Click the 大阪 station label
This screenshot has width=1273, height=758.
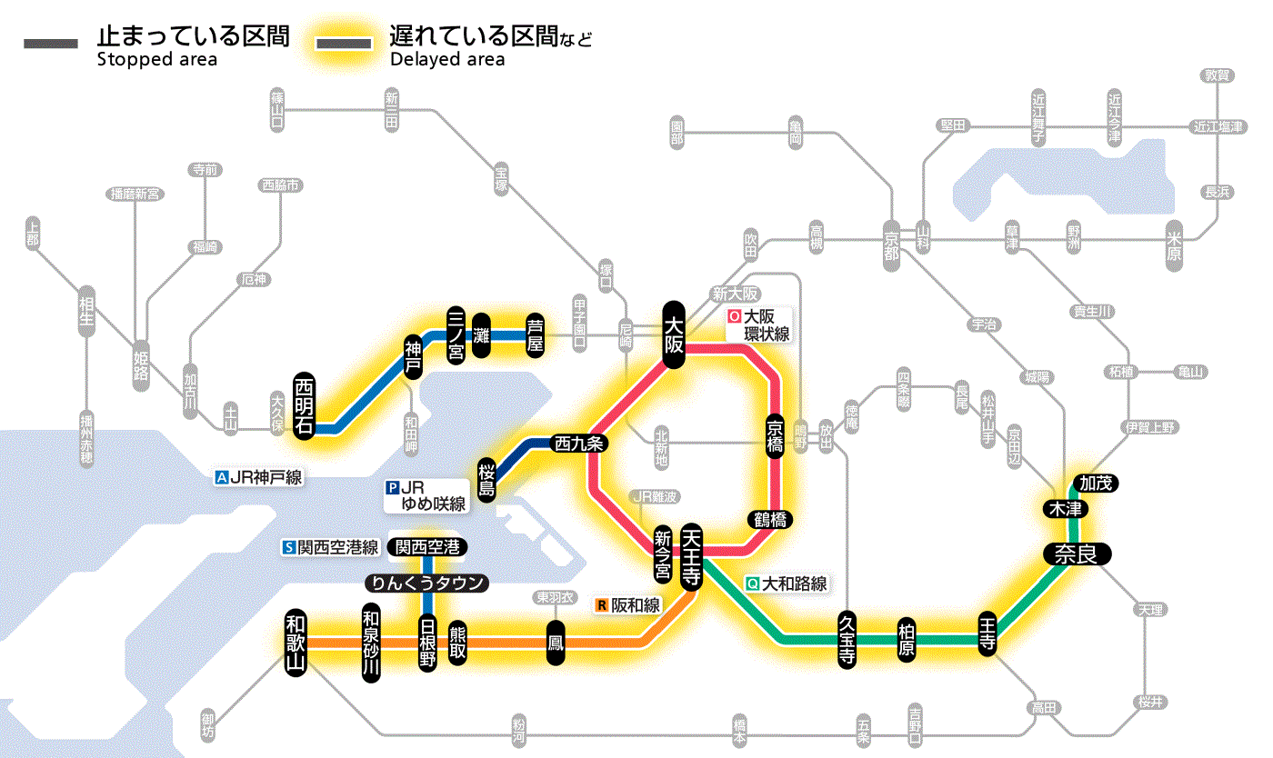[673, 334]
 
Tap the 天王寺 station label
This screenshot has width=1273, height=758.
[690, 554]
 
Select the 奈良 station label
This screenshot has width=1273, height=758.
[1077, 554]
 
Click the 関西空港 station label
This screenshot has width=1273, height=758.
[426, 547]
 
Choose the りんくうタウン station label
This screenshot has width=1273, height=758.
[426, 583]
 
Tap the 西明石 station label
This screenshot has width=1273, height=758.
[305, 405]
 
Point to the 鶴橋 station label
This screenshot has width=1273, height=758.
[769, 520]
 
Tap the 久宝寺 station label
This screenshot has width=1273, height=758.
[847, 641]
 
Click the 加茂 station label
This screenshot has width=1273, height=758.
[1095, 483]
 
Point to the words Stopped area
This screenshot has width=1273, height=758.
[156, 60]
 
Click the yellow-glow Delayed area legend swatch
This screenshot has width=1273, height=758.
[344, 43]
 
